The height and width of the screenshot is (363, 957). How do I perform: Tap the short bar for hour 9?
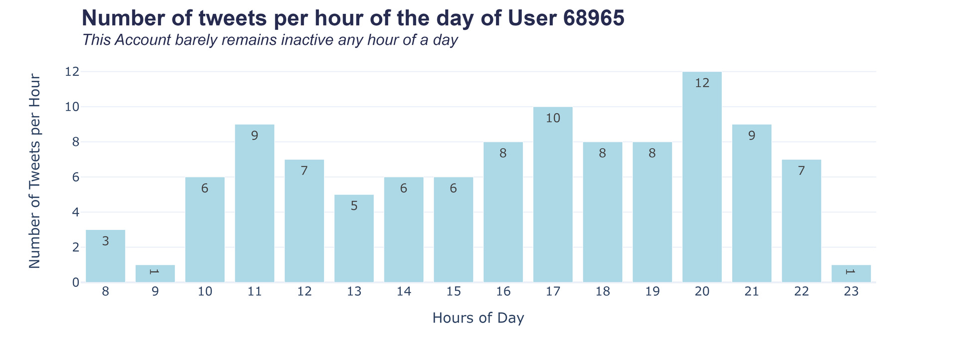(x=155, y=274)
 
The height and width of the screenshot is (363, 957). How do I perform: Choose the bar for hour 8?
(x=105, y=256)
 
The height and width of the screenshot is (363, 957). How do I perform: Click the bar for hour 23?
(x=851, y=274)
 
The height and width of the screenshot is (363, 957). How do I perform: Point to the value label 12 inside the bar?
(x=702, y=83)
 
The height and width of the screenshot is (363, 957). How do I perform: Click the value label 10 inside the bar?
(x=553, y=118)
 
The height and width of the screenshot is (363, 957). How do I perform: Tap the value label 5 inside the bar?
(x=354, y=206)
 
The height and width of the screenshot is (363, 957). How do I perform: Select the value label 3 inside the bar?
(x=105, y=241)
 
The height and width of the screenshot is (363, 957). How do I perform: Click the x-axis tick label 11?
(x=255, y=292)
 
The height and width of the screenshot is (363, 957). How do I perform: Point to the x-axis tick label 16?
(x=503, y=292)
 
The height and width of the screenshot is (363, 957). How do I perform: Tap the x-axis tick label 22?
(x=801, y=292)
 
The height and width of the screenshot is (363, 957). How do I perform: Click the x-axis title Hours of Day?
(x=478, y=318)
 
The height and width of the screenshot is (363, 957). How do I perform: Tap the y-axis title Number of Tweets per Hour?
(x=34, y=171)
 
